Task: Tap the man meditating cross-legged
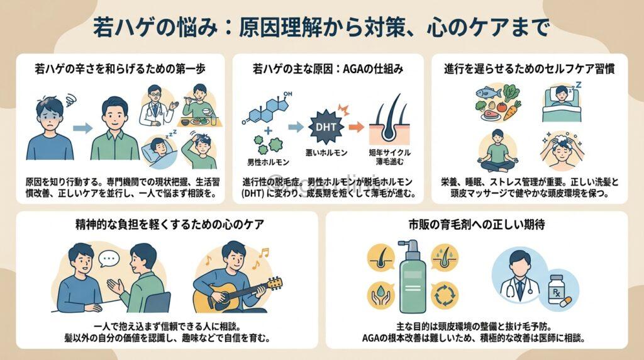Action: coord(497,151)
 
